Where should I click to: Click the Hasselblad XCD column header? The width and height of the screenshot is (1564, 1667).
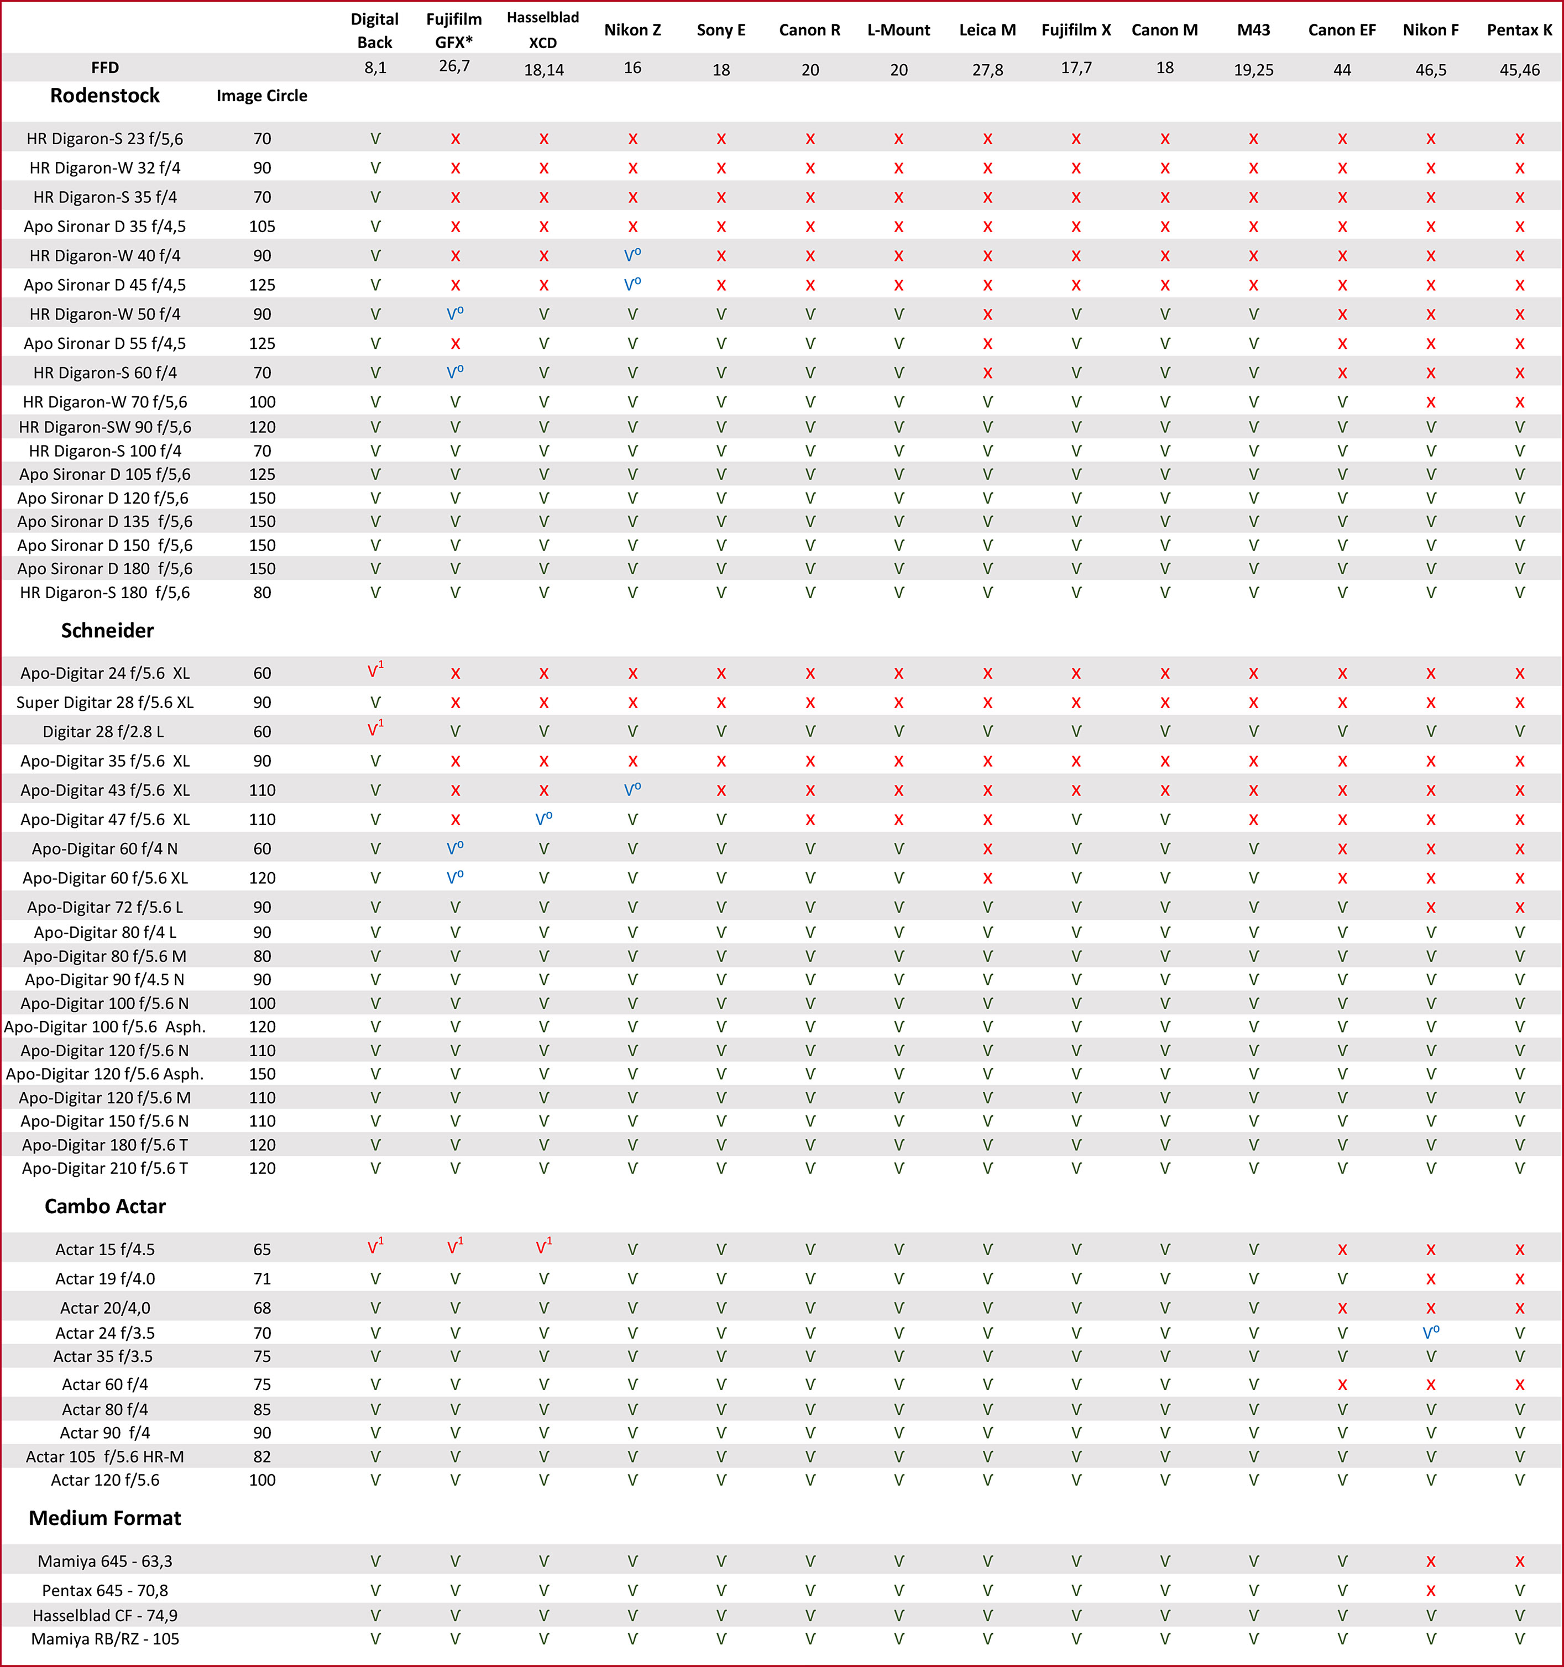tap(542, 30)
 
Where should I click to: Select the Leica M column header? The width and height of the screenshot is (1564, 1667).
tap(987, 30)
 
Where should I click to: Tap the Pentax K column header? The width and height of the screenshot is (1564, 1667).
tap(1519, 30)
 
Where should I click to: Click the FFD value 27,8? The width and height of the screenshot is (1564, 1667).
tap(987, 70)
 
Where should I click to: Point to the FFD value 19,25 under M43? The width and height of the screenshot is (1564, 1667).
tap(1253, 70)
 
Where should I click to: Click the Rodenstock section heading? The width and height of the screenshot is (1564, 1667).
tap(105, 96)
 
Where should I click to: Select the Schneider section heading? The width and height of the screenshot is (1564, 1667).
tap(107, 631)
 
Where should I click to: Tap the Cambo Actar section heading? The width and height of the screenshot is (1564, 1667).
tap(105, 1206)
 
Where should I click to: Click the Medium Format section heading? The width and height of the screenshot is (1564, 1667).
tap(105, 1518)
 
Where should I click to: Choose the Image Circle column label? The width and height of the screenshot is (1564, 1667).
tap(261, 96)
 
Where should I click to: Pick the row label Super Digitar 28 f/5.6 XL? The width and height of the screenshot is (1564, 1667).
tap(105, 703)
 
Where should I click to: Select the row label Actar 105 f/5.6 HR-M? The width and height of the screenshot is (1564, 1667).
tap(105, 1456)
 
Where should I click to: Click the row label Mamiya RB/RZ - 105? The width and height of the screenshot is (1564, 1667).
tap(105, 1638)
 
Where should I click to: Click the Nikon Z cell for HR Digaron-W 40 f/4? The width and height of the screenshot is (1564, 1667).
tap(632, 255)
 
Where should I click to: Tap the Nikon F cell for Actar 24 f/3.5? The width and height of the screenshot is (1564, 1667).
tap(1431, 1333)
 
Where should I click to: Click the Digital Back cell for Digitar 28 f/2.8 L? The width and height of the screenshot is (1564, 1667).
tap(375, 730)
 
